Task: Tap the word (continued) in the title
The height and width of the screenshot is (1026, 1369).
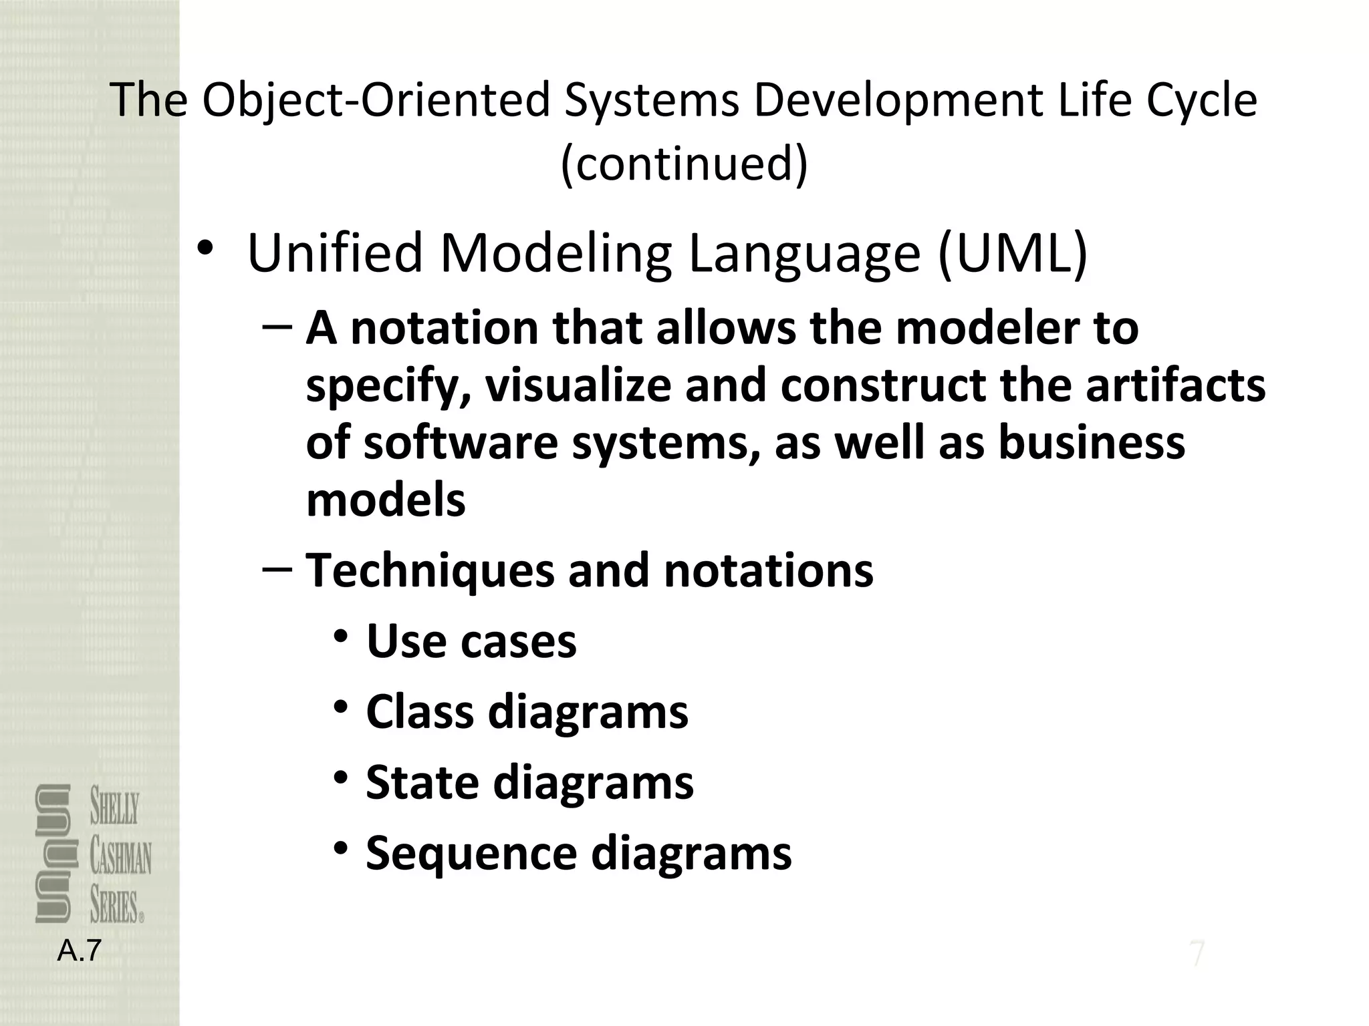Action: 684,164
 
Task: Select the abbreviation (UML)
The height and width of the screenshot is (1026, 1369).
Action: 1013,253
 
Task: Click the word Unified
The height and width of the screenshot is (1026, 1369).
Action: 335,253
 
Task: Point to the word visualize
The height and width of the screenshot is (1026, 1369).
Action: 578,386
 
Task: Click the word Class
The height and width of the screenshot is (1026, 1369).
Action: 421,711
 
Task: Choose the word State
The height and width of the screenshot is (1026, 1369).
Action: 423,782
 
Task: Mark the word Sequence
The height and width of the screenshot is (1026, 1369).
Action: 472,854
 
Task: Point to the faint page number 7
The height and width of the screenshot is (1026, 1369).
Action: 1197,954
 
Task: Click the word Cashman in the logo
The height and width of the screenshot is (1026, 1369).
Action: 120,858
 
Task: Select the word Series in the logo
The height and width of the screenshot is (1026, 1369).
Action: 115,906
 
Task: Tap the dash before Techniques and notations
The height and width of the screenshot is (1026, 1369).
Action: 277,568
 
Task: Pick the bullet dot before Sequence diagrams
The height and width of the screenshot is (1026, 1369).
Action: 342,849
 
